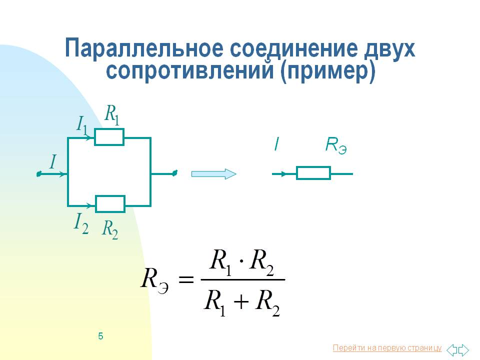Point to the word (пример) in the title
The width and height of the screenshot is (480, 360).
[327, 71]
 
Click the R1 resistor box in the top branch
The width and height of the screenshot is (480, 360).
[109, 137]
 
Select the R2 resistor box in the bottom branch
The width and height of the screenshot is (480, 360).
[110, 204]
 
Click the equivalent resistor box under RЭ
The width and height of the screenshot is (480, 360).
[313, 173]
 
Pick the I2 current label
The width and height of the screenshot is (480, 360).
[81, 222]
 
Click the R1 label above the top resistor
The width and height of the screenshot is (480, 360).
[111, 114]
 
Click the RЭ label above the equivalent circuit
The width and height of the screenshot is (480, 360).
[335, 145]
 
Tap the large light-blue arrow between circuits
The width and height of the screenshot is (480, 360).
[213, 173]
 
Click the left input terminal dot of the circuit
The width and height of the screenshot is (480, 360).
[38, 174]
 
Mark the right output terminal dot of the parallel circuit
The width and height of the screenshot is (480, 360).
[174, 173]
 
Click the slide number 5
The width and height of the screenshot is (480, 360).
[100, 336]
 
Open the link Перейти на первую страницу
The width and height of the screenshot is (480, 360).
[386, 348]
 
